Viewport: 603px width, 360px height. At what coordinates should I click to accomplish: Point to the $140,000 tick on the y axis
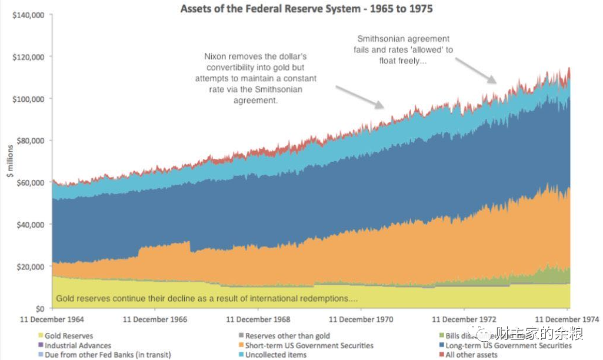(x=28, y=15)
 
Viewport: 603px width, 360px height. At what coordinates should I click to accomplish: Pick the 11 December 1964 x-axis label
(x=52, y=320)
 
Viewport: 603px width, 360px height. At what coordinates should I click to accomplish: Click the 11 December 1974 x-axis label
(x=567, y=320)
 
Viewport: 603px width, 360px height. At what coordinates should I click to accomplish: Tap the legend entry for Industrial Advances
(x=77, y=346)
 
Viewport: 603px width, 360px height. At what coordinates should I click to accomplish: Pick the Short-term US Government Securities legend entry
(x=309, y=346)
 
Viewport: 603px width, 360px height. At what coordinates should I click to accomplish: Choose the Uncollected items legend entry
(x=275, y=355)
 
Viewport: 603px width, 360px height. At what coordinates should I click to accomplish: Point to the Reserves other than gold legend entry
(x=287, y=336)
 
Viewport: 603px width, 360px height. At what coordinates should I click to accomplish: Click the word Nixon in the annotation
(x=216, y=57)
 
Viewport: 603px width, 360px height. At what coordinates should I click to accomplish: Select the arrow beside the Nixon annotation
(x=360, y=97)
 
